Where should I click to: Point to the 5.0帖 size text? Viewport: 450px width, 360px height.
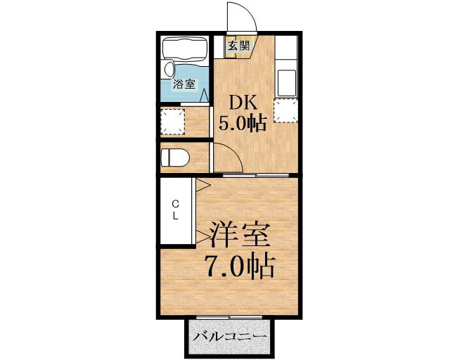pyautogui.click(x=242, y=124)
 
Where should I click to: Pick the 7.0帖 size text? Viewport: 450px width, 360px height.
pyautogui.click(x=238, y=266)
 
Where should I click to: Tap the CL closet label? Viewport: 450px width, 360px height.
pyautogui.click(x=176, y=210)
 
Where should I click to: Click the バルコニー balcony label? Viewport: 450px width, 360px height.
pyautogui.click(x=229, y=337)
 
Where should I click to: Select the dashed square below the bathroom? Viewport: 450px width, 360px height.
pyautogui.click(x=172, y=122)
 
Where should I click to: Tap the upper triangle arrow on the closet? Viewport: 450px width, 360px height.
pyautogui.click(x=201, y=185)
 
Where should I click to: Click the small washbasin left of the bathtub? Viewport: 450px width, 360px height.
pyautogui.click(x=169, y=70)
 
